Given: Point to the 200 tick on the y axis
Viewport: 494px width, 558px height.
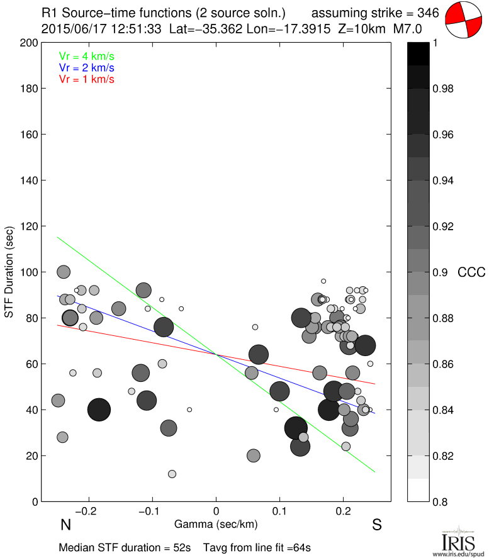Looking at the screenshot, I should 30,43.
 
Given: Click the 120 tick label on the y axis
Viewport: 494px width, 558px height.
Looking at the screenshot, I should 30,226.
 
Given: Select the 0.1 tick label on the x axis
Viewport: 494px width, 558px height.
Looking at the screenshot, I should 279,510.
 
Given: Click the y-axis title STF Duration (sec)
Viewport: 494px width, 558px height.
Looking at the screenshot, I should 10,272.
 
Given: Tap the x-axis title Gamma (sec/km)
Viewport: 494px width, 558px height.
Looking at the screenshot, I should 216,524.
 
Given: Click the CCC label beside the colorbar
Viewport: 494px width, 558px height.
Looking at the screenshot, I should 471,272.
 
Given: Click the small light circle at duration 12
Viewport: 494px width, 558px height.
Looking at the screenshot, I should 172,474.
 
